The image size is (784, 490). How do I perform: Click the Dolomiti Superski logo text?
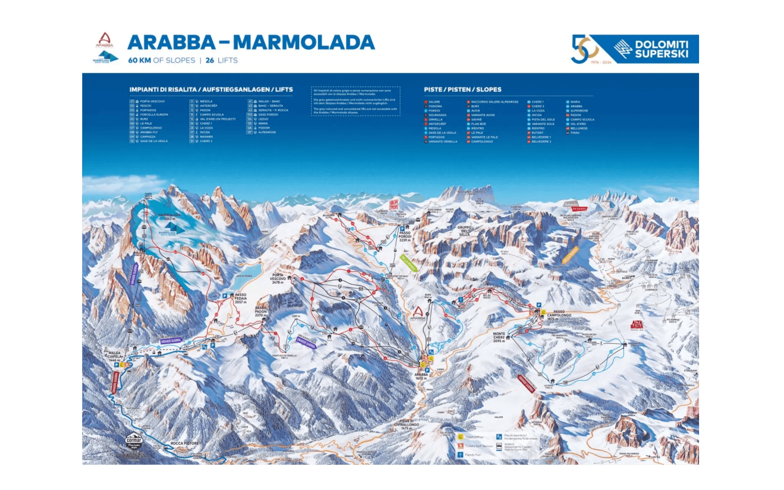point(661,49)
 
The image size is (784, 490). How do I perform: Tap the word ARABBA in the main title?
point(171,43)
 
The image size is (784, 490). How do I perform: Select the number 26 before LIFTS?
point(210,60)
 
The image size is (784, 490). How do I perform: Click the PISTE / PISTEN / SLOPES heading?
point(462,89)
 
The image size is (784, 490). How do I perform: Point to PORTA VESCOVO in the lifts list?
point(152,101)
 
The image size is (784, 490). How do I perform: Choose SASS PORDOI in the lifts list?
point(268,115)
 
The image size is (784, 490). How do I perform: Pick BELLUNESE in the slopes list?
point(579,128)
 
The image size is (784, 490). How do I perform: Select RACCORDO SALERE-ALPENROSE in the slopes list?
point(494,102)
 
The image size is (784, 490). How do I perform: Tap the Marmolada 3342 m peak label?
point(169,217)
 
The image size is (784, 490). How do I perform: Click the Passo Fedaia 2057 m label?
point(241,298)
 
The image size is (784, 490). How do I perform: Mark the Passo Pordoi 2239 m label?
point(405,236)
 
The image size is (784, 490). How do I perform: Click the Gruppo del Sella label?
point(464,231)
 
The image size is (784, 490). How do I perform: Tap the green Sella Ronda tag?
point(408,263)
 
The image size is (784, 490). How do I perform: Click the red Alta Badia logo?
point(637,325)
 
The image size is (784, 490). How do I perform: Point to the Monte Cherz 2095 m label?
point(499,337)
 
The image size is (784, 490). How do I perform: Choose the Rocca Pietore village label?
point(184,443)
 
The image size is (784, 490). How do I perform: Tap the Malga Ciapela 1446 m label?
point(114,356)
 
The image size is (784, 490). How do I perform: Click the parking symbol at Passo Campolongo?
point(539,305)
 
